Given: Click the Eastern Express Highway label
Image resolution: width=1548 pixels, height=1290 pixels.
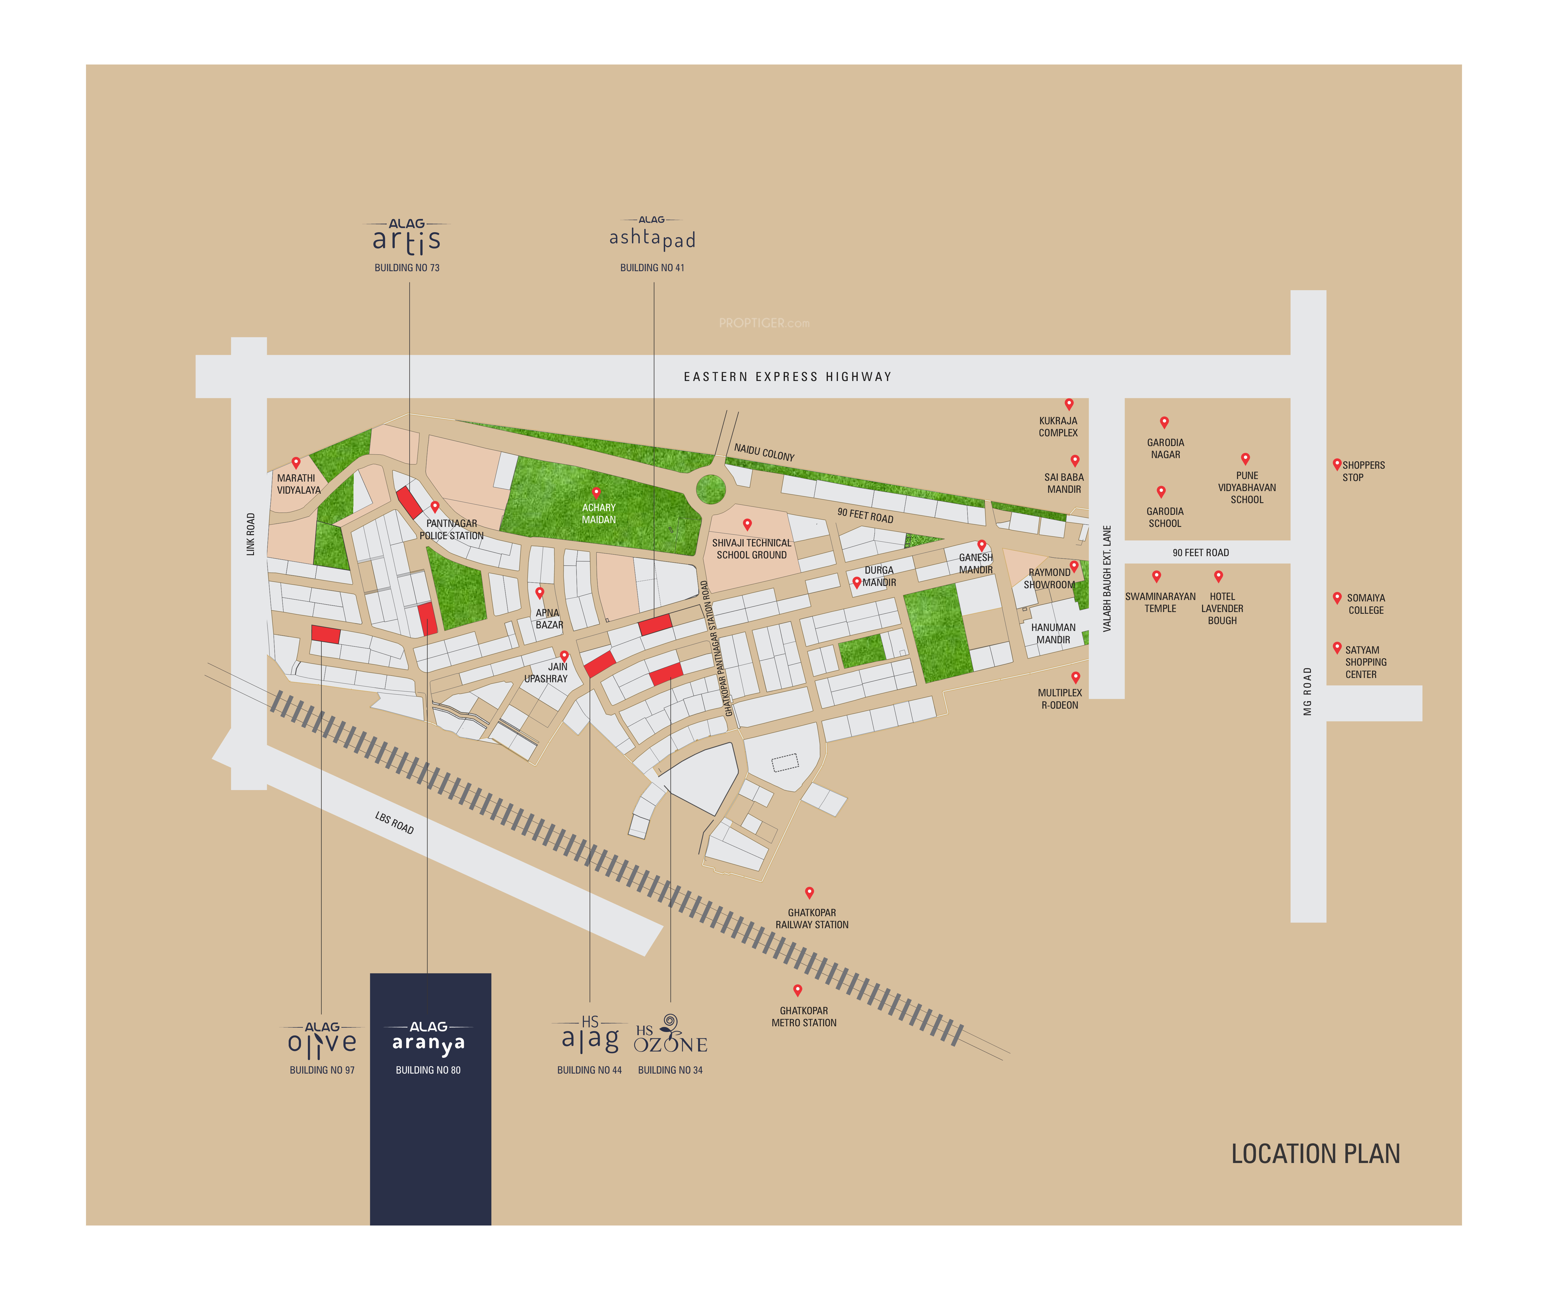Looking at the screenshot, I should tap(787, 377).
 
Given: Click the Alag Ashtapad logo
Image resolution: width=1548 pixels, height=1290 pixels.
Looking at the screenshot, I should tap(652, 236).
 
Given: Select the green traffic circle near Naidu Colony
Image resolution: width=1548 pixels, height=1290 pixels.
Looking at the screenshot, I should tap(711, 489).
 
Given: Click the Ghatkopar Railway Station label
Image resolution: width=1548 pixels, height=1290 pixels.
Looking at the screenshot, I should tap(812, 918).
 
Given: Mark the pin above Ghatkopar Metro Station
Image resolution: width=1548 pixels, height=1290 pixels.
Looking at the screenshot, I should tap(797, 990).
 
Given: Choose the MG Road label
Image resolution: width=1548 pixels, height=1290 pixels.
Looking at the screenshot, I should tap(1307, 691).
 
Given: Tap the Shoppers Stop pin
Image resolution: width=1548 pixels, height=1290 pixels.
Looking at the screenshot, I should tap(1336, 464).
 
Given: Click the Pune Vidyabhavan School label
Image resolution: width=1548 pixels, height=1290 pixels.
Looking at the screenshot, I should tap(1246, 487).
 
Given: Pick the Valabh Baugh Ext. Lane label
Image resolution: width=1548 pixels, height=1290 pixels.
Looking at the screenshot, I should tap(1107, 579).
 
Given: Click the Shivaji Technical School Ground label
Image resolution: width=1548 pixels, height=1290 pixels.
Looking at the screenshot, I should tap(751, 548).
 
